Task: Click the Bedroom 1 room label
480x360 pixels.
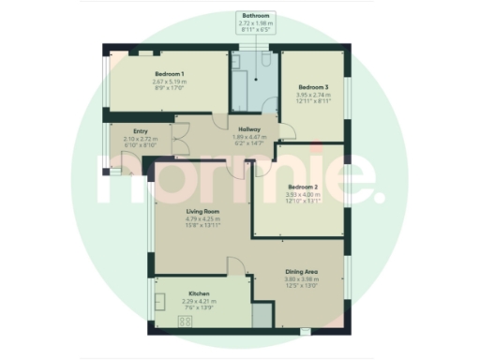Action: [x=169, y=73]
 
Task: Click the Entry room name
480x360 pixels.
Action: [x=142, y=131]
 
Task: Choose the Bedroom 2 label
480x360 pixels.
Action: [x=307, y=187]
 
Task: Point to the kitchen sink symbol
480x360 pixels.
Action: [x=161, y=301]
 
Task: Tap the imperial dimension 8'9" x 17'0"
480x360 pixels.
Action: [x=169, y=87]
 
